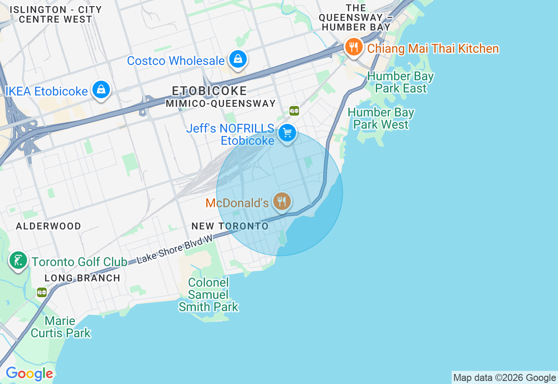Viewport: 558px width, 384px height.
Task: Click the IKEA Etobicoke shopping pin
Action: click(x=101, y=89)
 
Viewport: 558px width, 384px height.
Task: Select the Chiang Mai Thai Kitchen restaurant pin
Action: click(x=354, y=47)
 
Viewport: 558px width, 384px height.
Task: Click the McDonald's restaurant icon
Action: click(x=282, y=201)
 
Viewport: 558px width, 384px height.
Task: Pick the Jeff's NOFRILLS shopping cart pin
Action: click(x=287, y=133)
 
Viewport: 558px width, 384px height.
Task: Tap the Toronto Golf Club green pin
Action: click(x=18, y=261)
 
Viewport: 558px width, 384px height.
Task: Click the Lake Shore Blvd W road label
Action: click(x=174, y=250)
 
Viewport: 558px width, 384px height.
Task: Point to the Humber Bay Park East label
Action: click(x=400, y=82)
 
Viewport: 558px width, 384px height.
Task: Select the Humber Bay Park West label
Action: click(x=381, y=118)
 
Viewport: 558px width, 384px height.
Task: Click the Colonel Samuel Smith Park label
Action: click(x=208, y=295)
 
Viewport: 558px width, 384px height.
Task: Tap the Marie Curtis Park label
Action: click(x=60, y=327)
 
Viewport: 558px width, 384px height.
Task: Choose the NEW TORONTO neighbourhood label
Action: click(x=230, y=226)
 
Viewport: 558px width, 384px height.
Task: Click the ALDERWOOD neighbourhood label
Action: click(x=48, y=226)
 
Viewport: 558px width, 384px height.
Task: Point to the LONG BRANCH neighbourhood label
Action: click(x=82, y=278)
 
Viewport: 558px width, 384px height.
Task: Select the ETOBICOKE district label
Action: click(x=209, y=91)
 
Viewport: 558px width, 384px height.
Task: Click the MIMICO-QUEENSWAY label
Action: click(x=221, y=103)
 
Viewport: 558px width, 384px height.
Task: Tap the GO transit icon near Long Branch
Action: click(x=42, y=292)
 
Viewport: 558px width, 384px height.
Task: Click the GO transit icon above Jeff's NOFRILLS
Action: click(x=294, y=111)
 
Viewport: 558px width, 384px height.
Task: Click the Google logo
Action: click(x=29, y=374)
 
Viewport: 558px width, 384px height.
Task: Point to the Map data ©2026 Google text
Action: click(x=504, y=378)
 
